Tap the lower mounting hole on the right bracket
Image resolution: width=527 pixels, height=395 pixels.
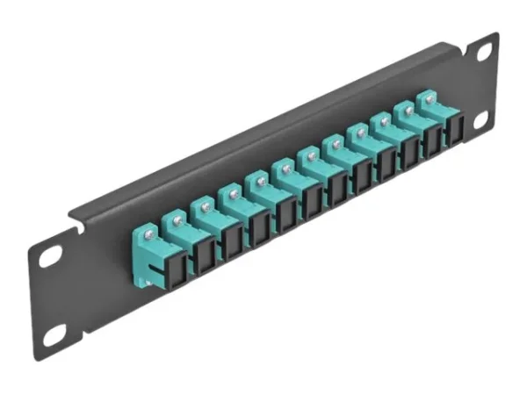click(x=480, y=120)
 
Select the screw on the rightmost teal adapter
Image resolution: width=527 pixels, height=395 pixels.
click(x=430, y=100)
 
